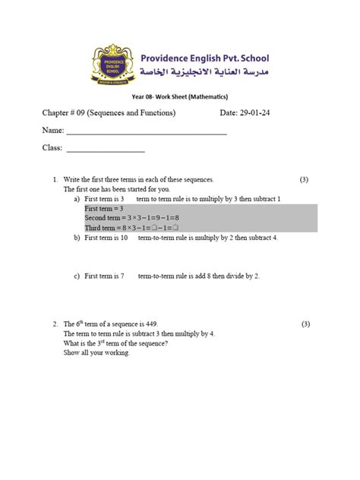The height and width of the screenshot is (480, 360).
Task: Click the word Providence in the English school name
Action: pyautogui.click(x=174, y=58)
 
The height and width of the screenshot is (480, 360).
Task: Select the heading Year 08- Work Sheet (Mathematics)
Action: pyautogui.click(x=180, y=96)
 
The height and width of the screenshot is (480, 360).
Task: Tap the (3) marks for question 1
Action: pyautogui.click(x=304, y=180)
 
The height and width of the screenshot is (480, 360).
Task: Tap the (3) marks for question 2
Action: pyautogui.click(x=304, y=324)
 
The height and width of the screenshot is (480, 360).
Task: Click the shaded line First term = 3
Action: pyautogui.click(x=104, y=207)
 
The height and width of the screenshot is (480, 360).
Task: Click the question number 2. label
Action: pyautogui.click(x=55, y=324)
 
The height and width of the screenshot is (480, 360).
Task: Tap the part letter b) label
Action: pyautogui.click(x=77, y=238)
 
